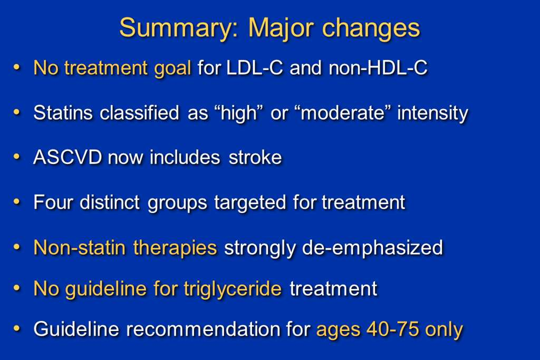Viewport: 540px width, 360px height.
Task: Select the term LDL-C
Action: [255, 67]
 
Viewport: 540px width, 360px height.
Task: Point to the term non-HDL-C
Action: [378, 67]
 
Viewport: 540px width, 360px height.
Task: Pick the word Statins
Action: [63, 113]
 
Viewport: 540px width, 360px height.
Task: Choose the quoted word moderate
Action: [343, 113]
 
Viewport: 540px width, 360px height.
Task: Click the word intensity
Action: [433, 113]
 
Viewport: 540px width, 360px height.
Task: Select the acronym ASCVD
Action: [67, 158]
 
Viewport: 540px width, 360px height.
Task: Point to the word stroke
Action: [255, 158]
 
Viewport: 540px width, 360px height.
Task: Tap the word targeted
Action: [250, 203]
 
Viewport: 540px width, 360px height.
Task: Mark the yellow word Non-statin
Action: [80, 247]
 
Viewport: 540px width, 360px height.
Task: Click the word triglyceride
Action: [233, 289]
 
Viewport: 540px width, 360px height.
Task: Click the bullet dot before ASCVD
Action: [16, 157]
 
